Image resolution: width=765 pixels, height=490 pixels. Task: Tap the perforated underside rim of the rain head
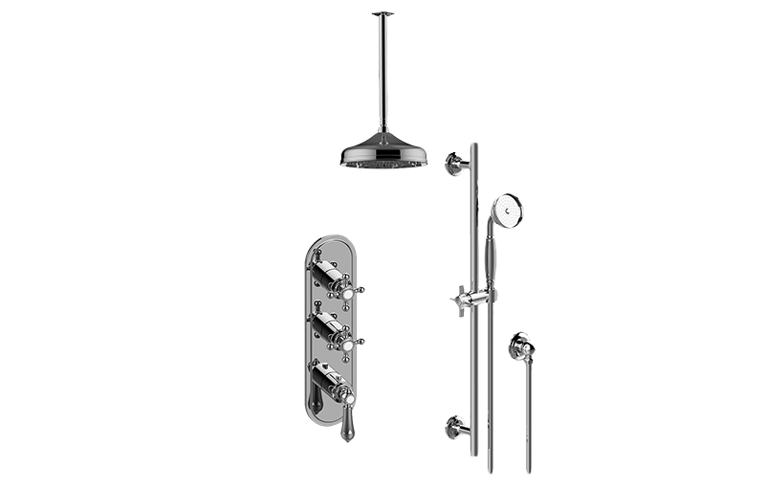pos(382,164)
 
